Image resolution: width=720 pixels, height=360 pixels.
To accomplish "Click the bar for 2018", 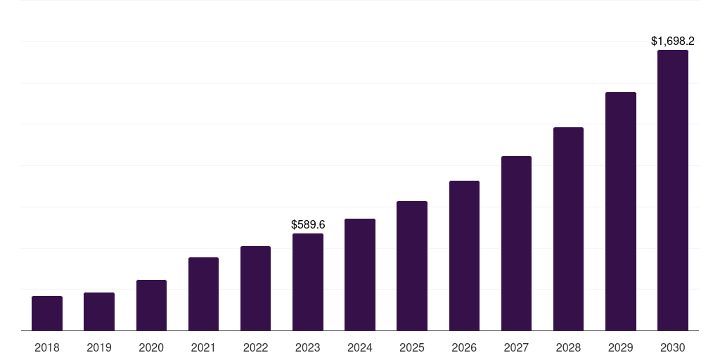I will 47,313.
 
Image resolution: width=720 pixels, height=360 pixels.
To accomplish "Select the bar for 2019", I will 99,311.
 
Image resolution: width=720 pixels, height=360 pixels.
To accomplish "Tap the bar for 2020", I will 151,305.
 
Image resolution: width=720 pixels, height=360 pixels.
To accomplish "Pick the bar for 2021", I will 203,294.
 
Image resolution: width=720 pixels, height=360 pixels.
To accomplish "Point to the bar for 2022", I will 255,288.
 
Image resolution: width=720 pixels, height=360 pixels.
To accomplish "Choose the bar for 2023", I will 308,282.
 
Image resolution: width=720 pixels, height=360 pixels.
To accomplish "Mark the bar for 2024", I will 360,274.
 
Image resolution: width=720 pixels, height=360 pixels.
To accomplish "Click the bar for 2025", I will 412,266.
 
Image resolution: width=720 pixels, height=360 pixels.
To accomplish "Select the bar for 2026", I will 464,255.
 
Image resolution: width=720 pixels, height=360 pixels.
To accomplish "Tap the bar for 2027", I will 516,243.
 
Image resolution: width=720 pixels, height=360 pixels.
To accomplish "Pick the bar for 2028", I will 568,229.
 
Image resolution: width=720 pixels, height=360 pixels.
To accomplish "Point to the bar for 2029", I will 620,211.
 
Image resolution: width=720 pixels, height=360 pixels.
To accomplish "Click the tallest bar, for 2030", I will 672,190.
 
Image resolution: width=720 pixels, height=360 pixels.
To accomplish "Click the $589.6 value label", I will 308,224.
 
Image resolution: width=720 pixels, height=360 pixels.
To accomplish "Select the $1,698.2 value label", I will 672,41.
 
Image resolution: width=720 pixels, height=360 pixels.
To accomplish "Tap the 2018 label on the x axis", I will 47,347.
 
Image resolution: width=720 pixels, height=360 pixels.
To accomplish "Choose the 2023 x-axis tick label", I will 308,347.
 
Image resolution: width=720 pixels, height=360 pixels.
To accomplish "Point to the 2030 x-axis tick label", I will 672,347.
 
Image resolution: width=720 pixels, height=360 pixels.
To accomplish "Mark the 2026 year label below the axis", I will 464,347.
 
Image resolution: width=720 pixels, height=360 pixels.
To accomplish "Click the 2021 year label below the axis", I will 203,347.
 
